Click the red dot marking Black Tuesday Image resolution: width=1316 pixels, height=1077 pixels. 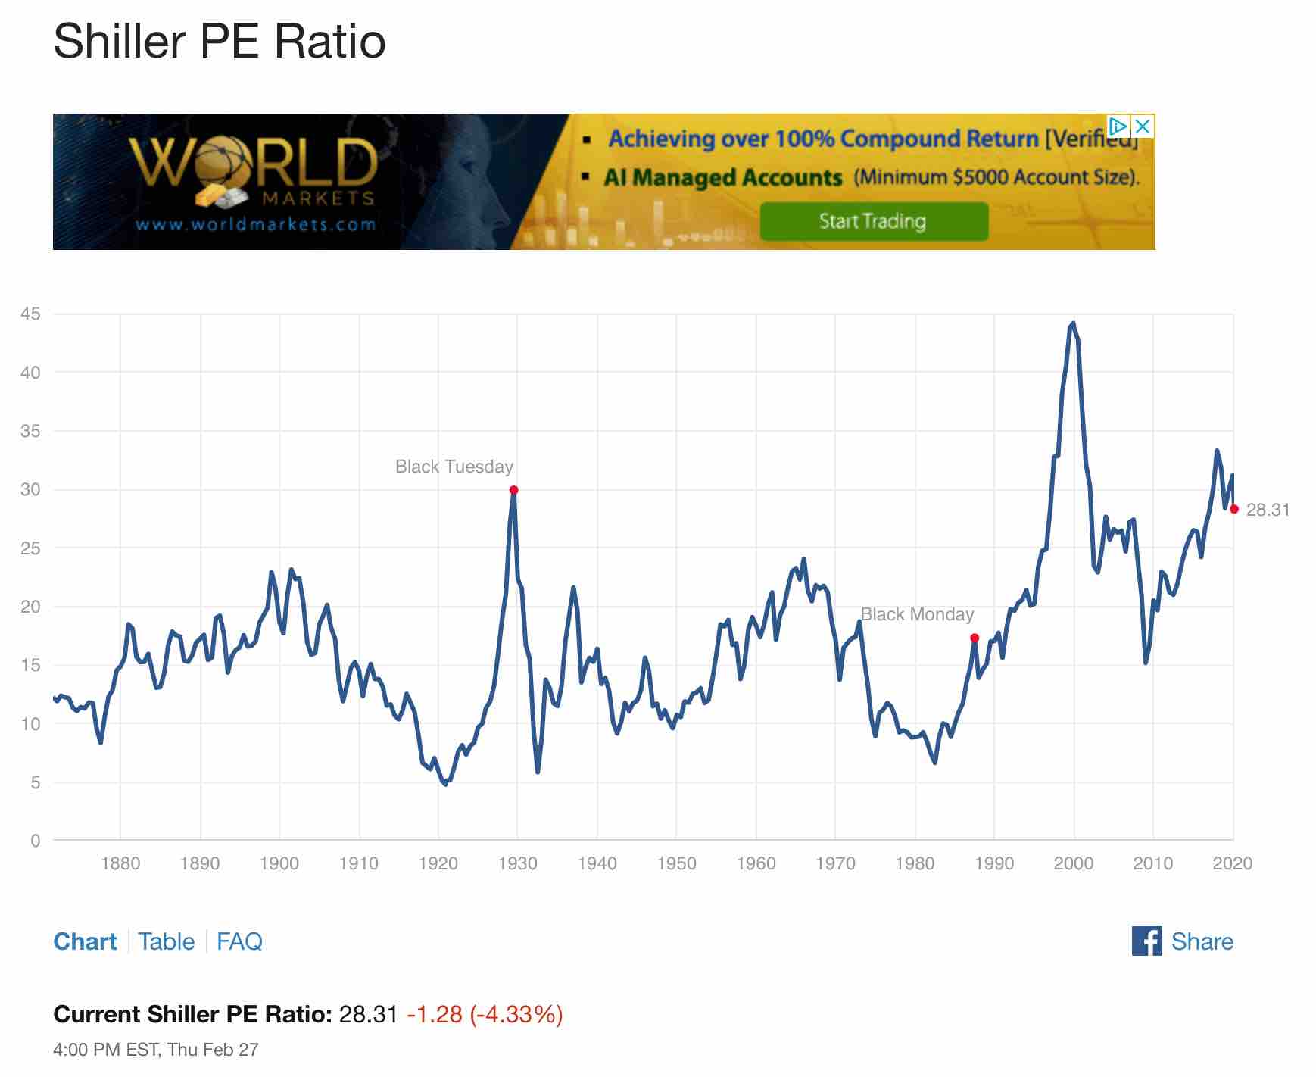(513, 490)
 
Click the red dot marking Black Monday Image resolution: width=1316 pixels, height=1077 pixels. (975, 638)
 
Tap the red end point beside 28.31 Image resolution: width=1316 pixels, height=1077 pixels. (1233, 509)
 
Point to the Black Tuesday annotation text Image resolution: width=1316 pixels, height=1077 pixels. (454, 467)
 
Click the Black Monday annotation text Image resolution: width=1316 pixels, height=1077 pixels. (917, 614)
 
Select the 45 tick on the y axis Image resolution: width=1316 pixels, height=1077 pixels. (31, 314)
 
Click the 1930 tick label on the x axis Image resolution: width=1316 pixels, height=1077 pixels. (517, 863)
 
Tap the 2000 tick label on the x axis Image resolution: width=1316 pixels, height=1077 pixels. (1073, 863)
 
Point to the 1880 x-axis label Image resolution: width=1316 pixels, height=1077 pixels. (120, 863)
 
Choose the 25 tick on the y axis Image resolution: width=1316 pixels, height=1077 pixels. (31, 548)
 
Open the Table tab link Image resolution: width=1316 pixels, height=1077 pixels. (167, 941)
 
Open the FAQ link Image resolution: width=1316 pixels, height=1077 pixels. (239, 941)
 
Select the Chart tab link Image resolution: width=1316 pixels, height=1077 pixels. (85, 941)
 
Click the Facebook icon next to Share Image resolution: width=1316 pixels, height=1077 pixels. (1146, 941)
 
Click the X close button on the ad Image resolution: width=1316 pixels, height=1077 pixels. (1143, 126)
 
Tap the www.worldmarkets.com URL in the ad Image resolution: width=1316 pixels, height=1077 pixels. (256, 224)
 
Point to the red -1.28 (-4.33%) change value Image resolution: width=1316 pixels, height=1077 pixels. (485, 1014)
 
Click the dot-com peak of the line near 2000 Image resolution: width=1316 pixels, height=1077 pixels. (1073, 323)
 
